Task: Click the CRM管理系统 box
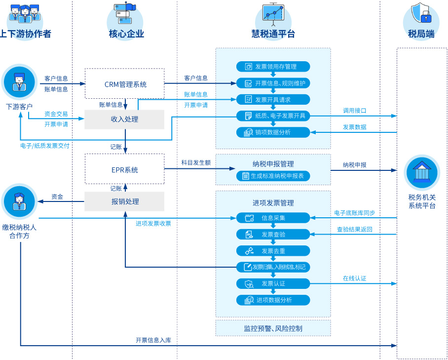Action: pos(124,84)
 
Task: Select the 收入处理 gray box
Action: pos(124,120)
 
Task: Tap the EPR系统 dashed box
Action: pos(124,170)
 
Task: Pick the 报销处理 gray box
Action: pos(124,201)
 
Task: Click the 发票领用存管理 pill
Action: pos(273,67)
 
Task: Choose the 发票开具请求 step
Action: pos(273,99)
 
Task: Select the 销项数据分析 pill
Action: pos(273,132)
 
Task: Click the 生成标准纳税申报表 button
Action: pos(273,176)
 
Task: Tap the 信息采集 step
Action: pos(273,218)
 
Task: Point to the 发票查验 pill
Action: pos(273,234)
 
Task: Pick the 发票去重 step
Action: pos(273,251)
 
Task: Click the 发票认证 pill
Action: pos(273,283)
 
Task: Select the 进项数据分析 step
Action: pos(273,300)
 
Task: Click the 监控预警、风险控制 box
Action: pos(273,328)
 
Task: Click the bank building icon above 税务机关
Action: pos(422,172)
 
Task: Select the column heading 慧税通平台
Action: pos(273,34)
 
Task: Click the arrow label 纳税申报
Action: pos(355,165)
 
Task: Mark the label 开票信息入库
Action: pos(153,340)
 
